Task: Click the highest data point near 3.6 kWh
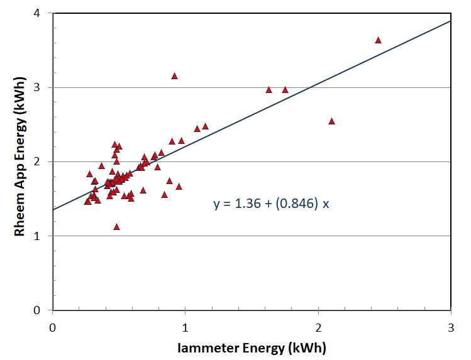tap(378, 40)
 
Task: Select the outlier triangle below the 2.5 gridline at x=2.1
tap(331, 121)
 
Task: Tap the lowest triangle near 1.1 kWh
tap(116, 227)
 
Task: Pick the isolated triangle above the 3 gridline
tap(174, 76)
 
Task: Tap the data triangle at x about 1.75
tap(285, 90)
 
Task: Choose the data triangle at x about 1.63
tap(269, 90)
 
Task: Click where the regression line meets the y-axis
tap(53, 209)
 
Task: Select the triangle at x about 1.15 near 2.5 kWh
tap(205, 126)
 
